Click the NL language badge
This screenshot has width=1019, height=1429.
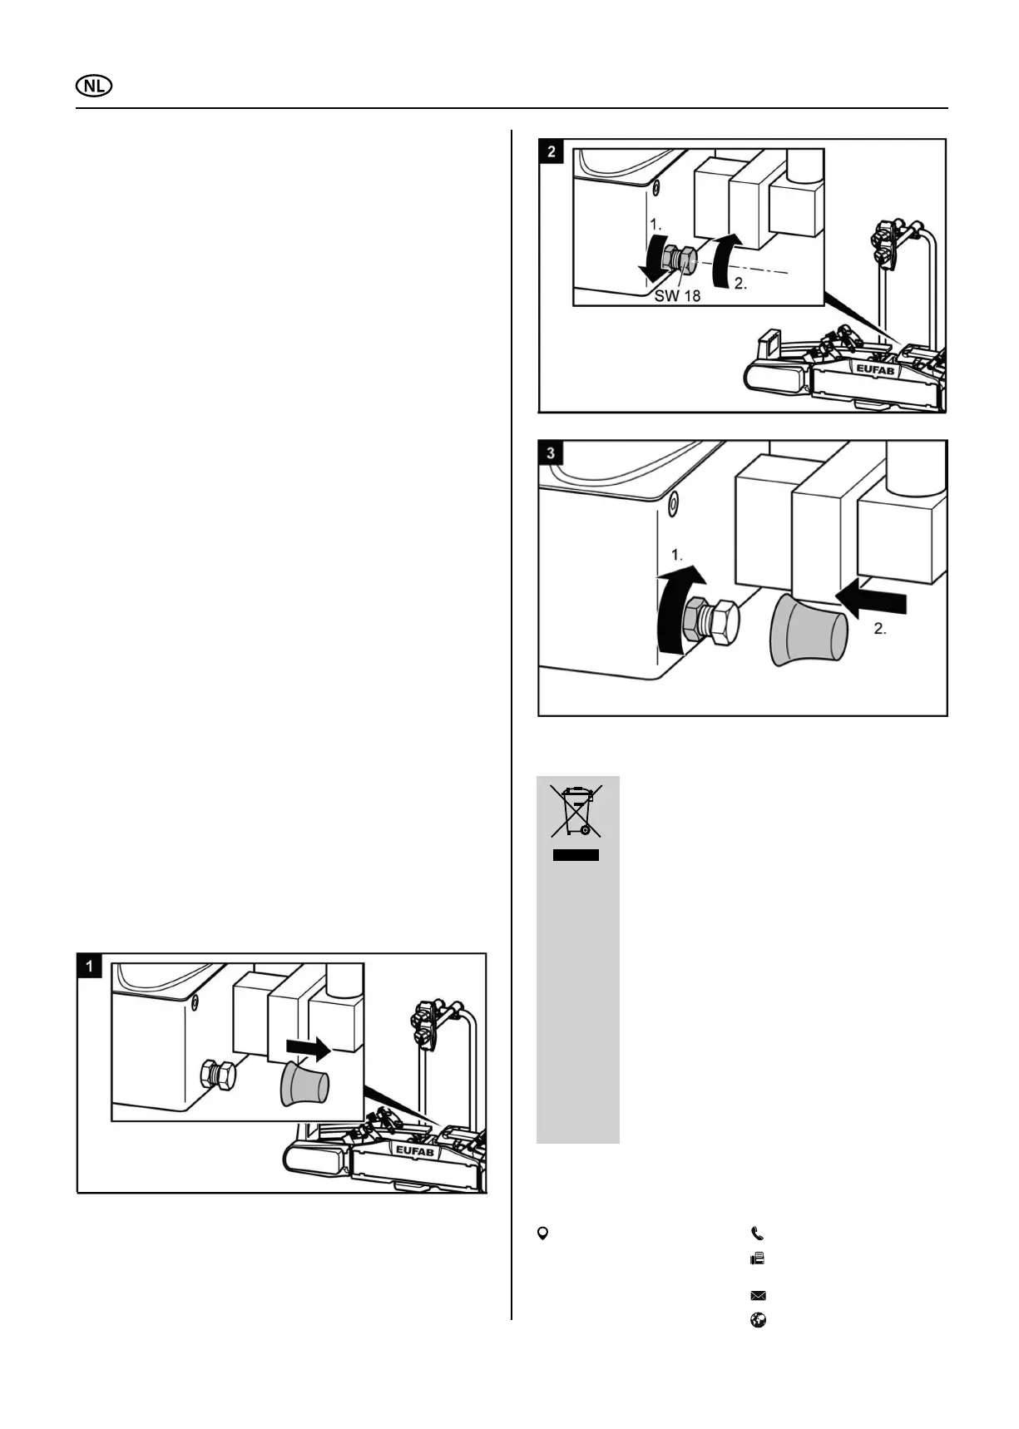94,87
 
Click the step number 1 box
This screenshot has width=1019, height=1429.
89,966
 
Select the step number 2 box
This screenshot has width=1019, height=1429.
552,152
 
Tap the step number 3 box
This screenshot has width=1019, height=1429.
552,453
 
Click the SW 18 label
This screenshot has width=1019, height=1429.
677,295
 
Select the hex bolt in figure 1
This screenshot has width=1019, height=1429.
219,1076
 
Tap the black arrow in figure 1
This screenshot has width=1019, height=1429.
308,1048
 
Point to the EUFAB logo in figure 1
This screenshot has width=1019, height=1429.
413,1151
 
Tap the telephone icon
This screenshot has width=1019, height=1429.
757,1234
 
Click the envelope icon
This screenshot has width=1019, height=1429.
758,1295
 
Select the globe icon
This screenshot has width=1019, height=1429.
758,1320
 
